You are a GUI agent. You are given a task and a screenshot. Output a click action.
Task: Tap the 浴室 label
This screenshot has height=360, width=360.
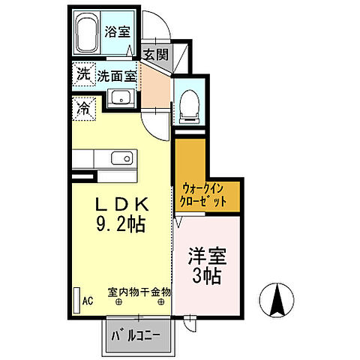coord(118,32)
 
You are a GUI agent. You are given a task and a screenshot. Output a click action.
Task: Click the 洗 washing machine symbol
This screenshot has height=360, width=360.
coord(82,74)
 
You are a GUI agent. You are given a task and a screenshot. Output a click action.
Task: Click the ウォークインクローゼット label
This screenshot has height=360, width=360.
coord(203,195)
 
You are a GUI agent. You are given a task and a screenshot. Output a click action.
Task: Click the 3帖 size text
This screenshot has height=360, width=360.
coord(206,277)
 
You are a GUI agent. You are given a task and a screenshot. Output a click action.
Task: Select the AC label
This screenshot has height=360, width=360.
coord(88,301)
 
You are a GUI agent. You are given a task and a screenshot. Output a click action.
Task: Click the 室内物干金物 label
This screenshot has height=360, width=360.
coord(139,292)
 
